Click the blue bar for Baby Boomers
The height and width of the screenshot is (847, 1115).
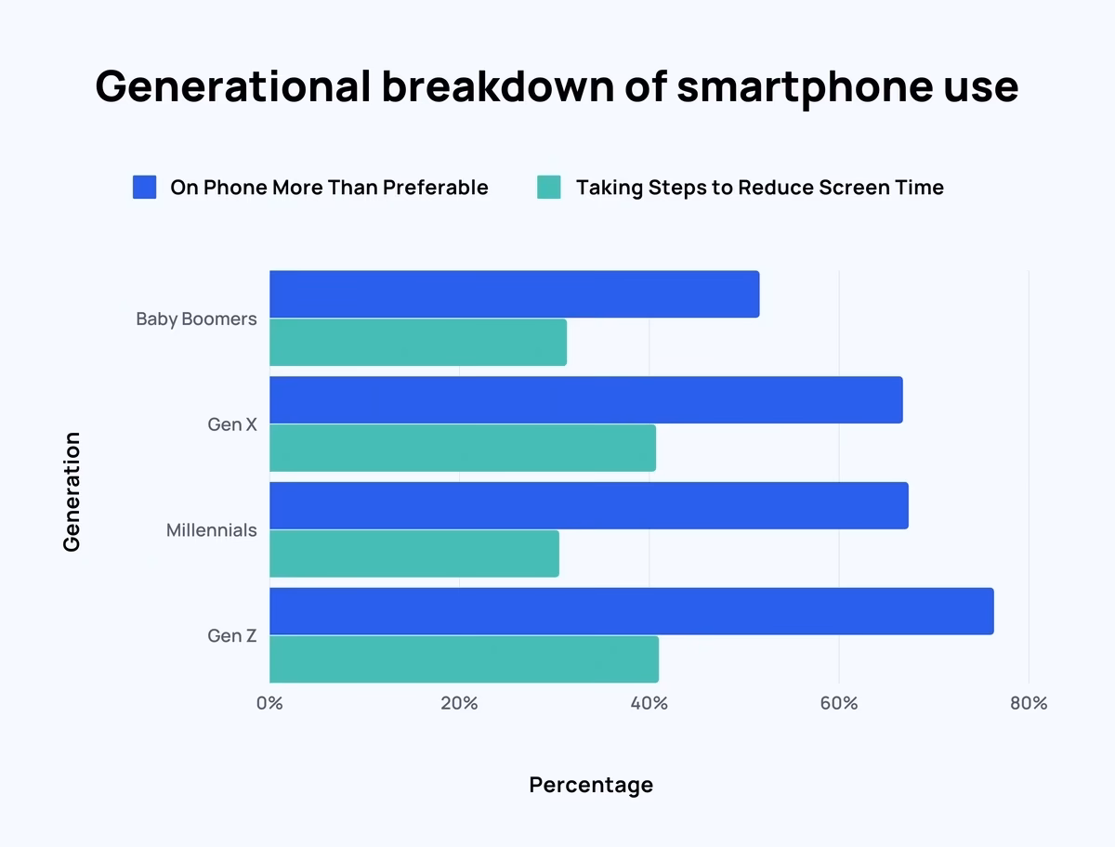coord(514,294)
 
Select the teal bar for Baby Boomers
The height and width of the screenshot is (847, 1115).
coord(418,342)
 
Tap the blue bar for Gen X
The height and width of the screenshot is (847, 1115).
coord(585,400)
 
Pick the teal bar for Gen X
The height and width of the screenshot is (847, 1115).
coord(463,448)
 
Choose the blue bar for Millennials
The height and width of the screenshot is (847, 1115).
coord(588,506)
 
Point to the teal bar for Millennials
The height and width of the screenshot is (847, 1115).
coord(414,554)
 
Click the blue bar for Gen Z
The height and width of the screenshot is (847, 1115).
coord(631,611)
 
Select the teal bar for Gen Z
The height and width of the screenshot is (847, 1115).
coord(464,659)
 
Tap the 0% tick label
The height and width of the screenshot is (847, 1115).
coord(269,703)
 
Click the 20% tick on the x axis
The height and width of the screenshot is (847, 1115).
coord(459,703)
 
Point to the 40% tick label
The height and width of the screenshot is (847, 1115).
coord(649,703)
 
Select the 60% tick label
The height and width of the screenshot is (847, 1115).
coord(838,703)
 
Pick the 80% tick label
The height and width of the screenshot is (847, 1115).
coord(1028,703)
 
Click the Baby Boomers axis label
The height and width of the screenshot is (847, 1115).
coord(196,319)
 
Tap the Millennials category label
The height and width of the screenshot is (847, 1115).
coord(212,530)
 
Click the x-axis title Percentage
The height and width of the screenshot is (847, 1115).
coord(591,785)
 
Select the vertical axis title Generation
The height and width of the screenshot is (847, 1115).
coord(72,491)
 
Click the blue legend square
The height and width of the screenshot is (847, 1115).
coord(144,188)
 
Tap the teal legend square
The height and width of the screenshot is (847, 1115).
coord(549,188)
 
